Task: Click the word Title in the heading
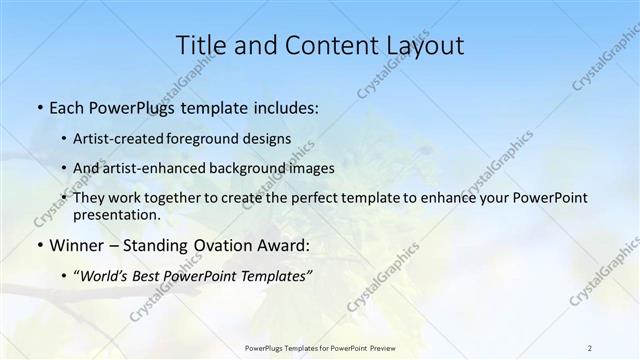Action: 200,45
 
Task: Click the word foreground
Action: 212,139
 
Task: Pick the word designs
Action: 269,139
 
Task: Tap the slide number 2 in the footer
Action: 589,347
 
